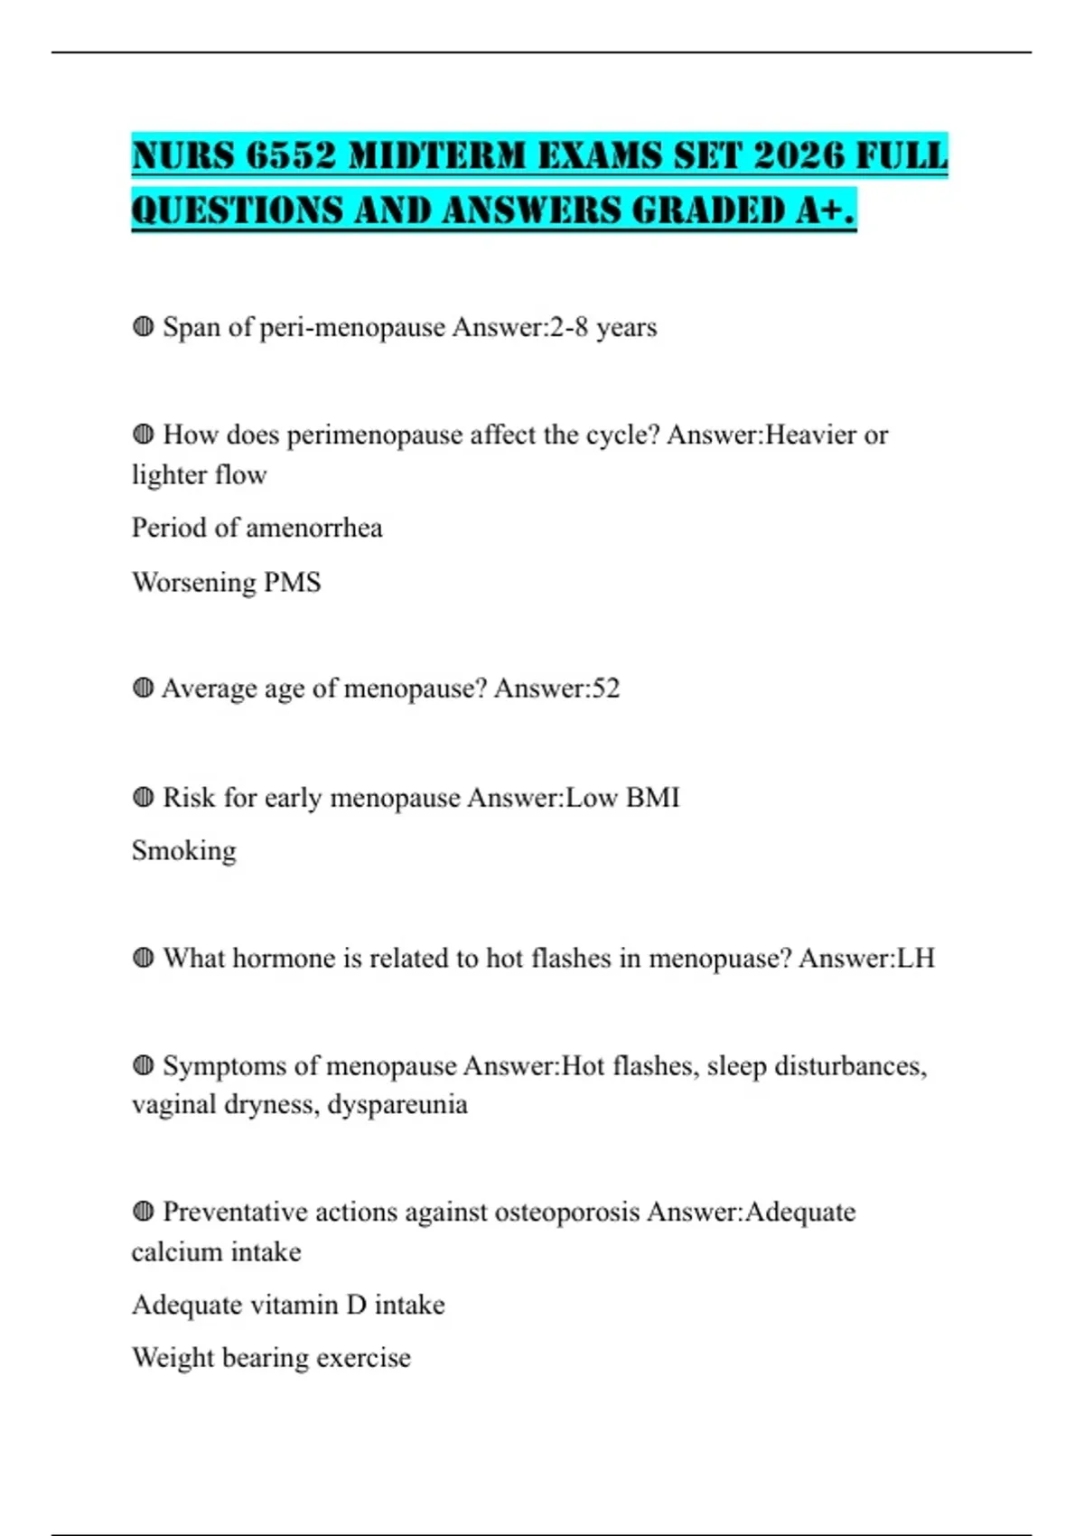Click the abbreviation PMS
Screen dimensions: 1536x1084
tap(292, 582)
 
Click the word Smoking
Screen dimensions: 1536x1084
tap(184, 851)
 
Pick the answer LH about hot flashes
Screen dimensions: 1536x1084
tap(915, 958)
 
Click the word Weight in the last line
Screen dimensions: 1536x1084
tap(173, 1358)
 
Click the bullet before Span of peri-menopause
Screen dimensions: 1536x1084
tap(143, 326)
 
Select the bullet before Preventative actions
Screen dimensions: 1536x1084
tap(143, 1211)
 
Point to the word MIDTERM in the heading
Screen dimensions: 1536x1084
tap(436, 155)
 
